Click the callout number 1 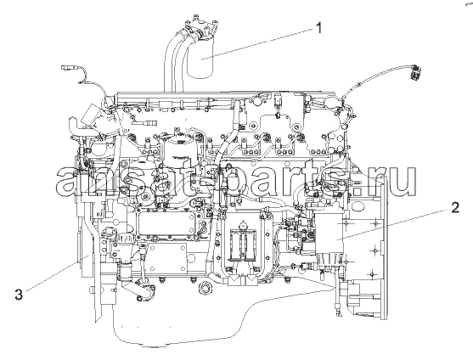(x=318, y=28)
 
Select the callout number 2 (x=455, y=208)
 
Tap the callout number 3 (x=19, y=294)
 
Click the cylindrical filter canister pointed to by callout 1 (x=200, y=57)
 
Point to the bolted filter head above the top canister (x=203, y=26)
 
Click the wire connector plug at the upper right (x=415, y=73)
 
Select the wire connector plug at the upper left (x=69, y=67)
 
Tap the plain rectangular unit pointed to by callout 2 (x=329, y=233)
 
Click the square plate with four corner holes (x=167, y=258)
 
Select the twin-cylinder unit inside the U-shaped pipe (x=243, y=245)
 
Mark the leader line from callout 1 (x=257, y=42)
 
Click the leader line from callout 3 (x=57, y=273)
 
